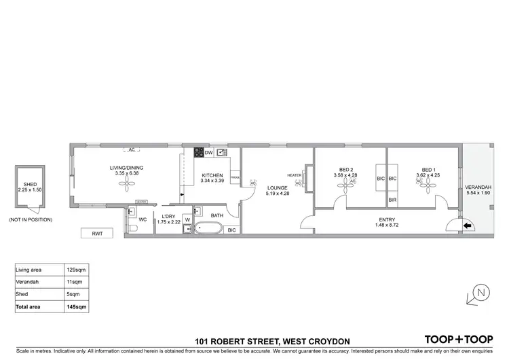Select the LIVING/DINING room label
tap(127, 168)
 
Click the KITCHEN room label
tap(212, 175)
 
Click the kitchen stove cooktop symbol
tap(199, 152)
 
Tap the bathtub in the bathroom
tap(207, 229)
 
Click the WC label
tap(143, 219)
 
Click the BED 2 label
tap(347, 170)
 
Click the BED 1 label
tap(428, 170)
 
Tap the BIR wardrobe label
tap(392, 200)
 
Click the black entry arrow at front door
tap(467, 227)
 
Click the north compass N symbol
tap(480, 293)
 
